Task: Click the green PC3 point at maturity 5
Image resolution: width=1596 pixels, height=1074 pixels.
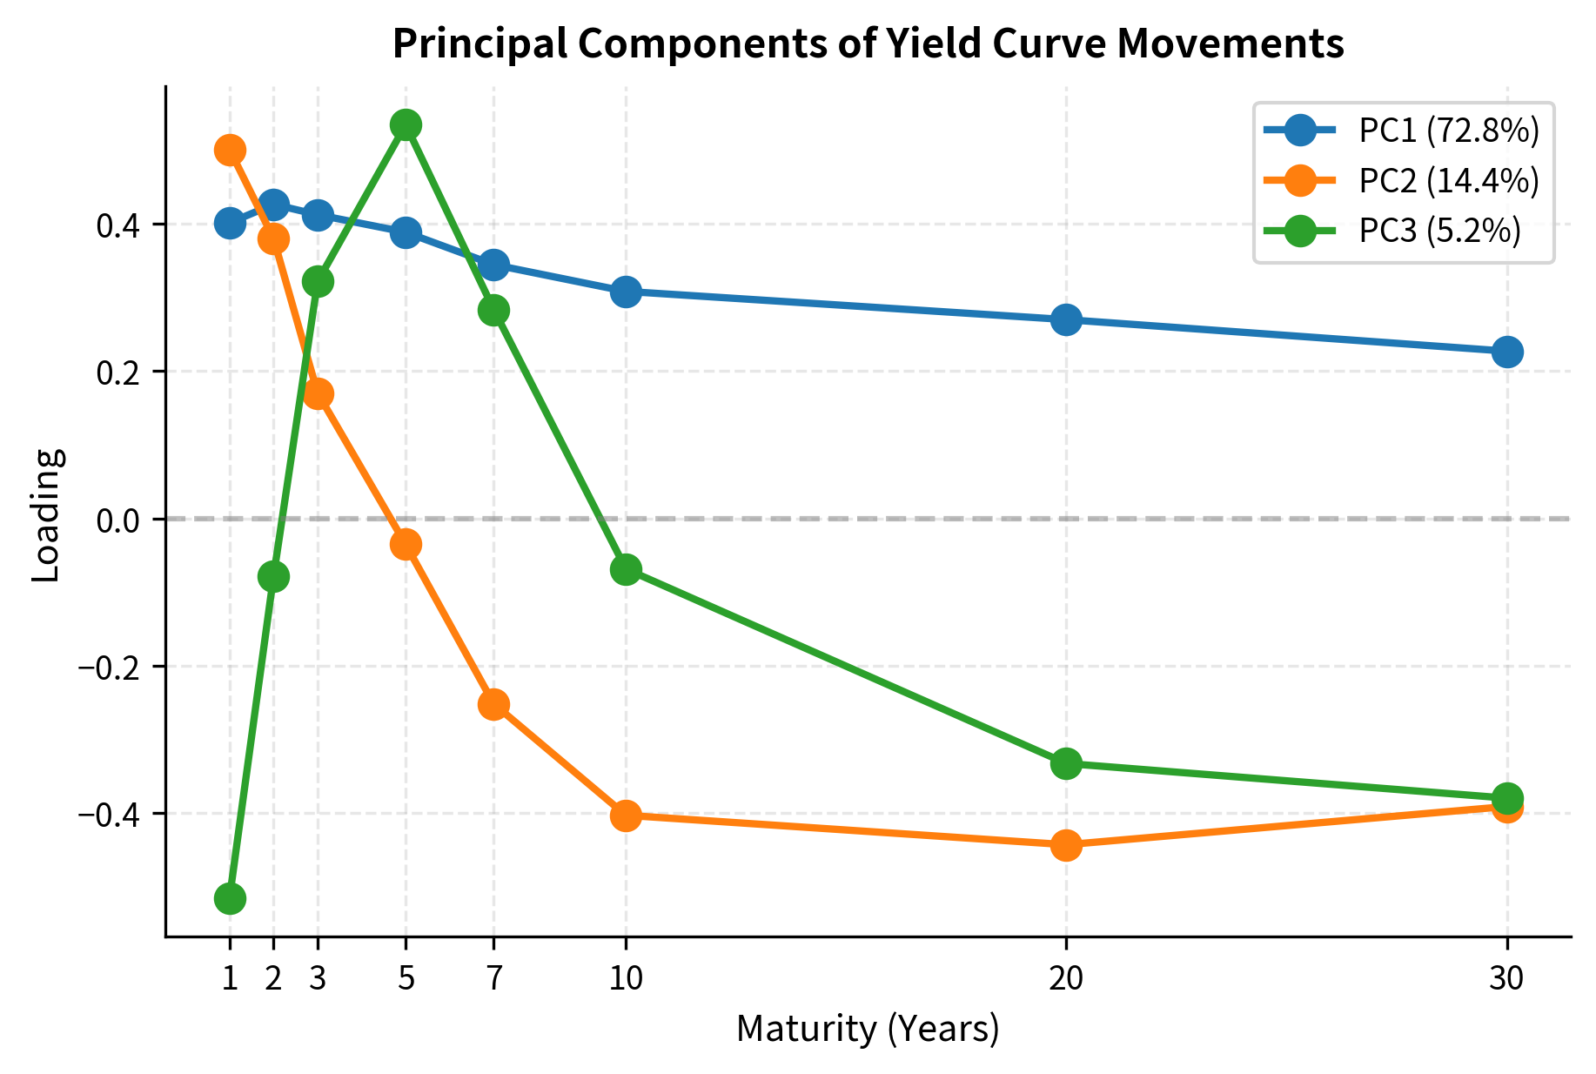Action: pos(406,124)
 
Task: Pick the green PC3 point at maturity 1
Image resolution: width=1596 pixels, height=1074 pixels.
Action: pos(230,898)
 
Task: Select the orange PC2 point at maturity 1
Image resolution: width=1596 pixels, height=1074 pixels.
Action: pos(230,150)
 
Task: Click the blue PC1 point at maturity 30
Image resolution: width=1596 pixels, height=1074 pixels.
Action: pos(1507,352)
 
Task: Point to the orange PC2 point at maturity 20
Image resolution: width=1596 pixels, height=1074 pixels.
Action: pos(1066,845)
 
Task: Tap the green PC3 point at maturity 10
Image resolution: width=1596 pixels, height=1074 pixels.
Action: pos(626,570)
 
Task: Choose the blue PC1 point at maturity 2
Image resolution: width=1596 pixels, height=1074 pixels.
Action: pos(273,205)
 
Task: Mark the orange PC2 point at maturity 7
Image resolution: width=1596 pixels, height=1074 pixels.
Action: pos(493,704)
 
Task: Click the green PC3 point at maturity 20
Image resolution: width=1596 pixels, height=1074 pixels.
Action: pos(1066,763)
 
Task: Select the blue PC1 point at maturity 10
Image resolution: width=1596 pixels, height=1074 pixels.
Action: pos(626,292)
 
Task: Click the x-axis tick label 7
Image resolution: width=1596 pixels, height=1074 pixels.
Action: pos(493,980)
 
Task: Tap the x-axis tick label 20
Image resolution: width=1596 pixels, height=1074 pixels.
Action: pos(1066,980)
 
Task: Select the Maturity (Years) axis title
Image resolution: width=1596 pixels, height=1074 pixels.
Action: pos(868,1030)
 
